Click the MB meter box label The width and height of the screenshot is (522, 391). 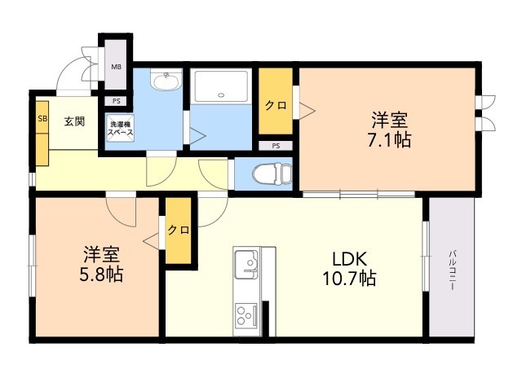coord(116,67)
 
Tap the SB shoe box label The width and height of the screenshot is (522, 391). coord(42,118)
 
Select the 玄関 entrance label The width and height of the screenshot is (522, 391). coord(74,121)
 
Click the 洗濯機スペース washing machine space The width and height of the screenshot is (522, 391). coord(120,128)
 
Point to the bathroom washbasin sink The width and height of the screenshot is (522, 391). coord(166,80)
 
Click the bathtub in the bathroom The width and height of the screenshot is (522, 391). coord(221,86)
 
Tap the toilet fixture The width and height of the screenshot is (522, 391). coord(272,174)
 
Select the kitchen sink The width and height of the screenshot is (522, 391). coord(246,264)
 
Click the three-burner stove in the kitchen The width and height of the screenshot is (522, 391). coord(246,314)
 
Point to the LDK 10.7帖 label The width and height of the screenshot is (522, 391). coord(350,269)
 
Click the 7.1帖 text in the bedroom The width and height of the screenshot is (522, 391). coord(389,139)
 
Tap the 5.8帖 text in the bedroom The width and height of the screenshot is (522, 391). coord(101,275)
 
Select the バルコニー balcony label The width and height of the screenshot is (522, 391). coord(452,270)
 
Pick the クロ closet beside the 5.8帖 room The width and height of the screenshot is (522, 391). coord(179,230)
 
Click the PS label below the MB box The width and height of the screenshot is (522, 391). coord(116,101)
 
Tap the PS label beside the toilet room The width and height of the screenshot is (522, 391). coord(276,146)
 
